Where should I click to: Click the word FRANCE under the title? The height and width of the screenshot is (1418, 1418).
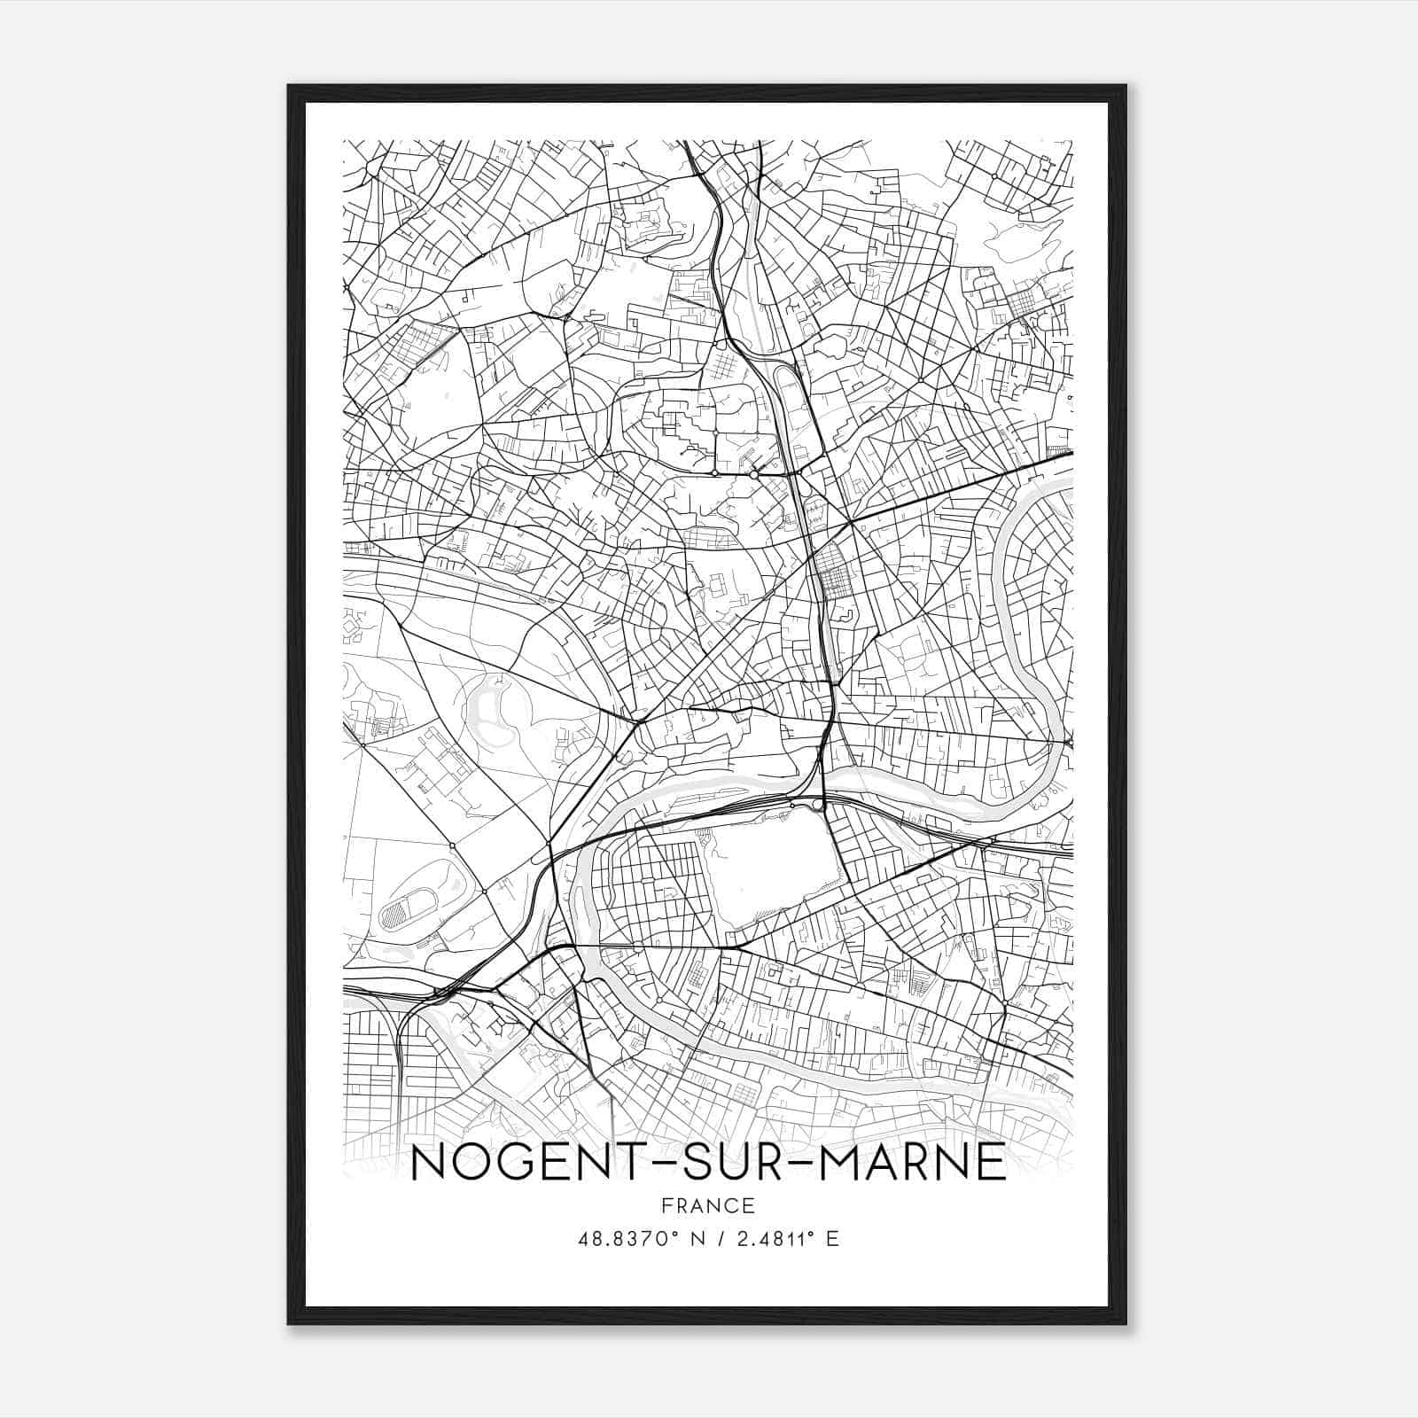pyautogui.click(x=707, y=1205)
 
